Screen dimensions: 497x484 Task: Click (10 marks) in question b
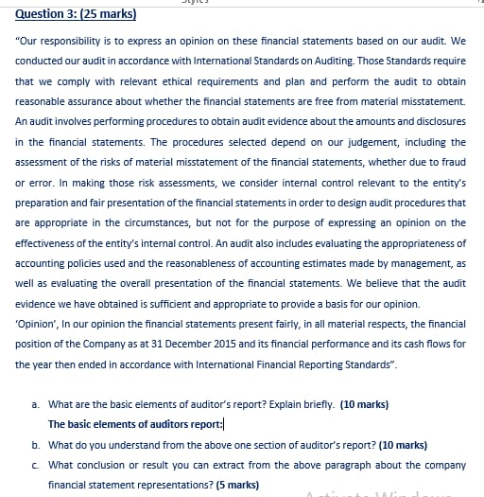pos(403,444)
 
